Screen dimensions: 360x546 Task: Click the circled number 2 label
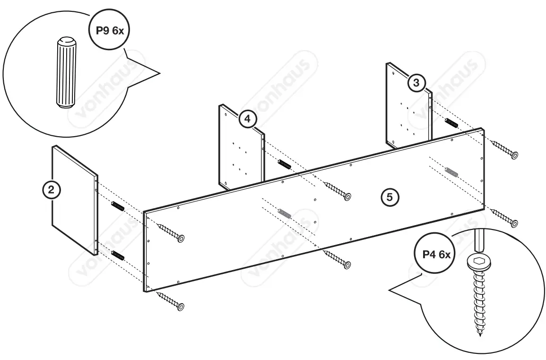click(x=52, y=190)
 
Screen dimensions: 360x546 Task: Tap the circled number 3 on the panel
click(x=416, y=83)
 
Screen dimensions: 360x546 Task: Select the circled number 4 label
click(x=246, y=119)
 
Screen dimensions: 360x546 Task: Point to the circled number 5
click(x=390, y=197)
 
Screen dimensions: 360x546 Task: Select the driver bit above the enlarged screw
click(x=478, y=241)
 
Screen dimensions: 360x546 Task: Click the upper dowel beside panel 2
click(x=118, y=207)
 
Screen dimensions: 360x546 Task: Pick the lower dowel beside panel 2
click(x=118, y=255)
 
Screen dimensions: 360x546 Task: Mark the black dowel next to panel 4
click(x=284, y=165)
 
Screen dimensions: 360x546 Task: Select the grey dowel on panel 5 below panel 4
click(x=285, y=214)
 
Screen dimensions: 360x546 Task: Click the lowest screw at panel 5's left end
click(x=171, y=301)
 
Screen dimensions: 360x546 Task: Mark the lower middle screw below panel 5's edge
click(x=338, y=259)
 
